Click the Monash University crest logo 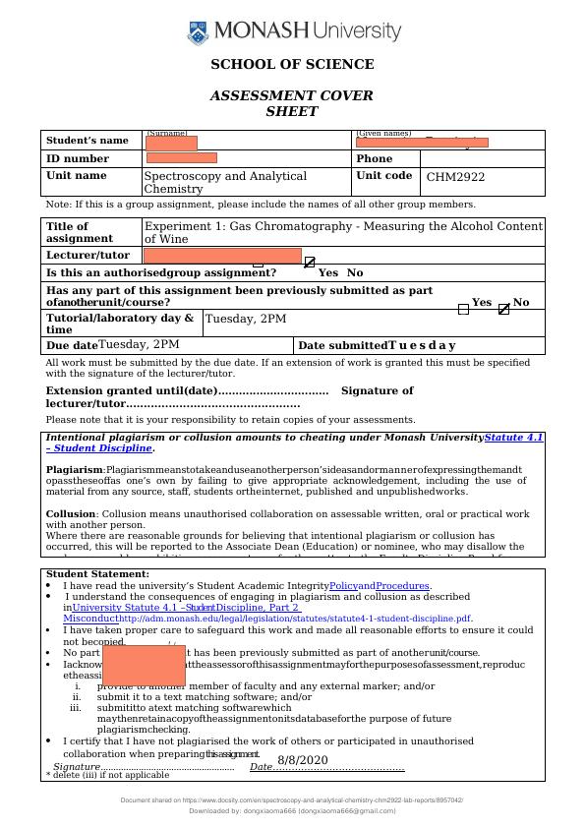click(x=199, y=33)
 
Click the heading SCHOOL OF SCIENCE click(x=292, y=65)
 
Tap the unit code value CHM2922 click(x=455, y=178)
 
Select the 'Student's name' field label click(x=88, y=141)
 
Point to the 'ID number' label click(x=78, y=158)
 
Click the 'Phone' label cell click(x=374, y=158)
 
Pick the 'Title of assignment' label click(x=80, y=232)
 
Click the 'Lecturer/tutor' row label click(x=88, y=256)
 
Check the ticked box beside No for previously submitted click(x=504, y=309)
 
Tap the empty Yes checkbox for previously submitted click(x=463, y=309)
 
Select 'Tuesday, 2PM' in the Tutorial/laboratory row click(x=246, y=319)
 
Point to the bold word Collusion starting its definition click(x=71, y=514)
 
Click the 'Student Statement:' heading click(x=97, y=573)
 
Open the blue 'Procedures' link click(x=402, y=586)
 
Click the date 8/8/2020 click(x=302, y=760)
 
